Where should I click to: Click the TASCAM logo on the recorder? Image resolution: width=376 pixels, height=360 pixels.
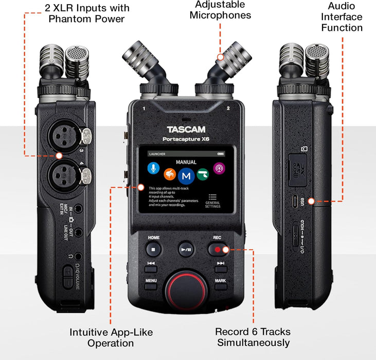pos(186,130)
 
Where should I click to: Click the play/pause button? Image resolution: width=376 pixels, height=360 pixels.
pos(186,249)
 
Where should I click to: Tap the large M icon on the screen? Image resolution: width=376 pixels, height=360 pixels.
pos(186,176)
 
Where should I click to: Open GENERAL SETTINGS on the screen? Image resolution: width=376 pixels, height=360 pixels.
pos(212,200)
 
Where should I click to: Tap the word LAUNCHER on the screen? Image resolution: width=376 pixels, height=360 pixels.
pos(156,153)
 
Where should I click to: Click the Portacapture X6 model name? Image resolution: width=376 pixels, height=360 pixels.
pos(186,139)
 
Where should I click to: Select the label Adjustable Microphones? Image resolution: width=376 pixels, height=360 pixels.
pos(220,10)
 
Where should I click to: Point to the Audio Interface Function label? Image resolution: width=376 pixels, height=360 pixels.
pos(342,16)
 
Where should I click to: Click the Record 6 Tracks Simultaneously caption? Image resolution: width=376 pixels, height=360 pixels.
pos(253,337)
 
